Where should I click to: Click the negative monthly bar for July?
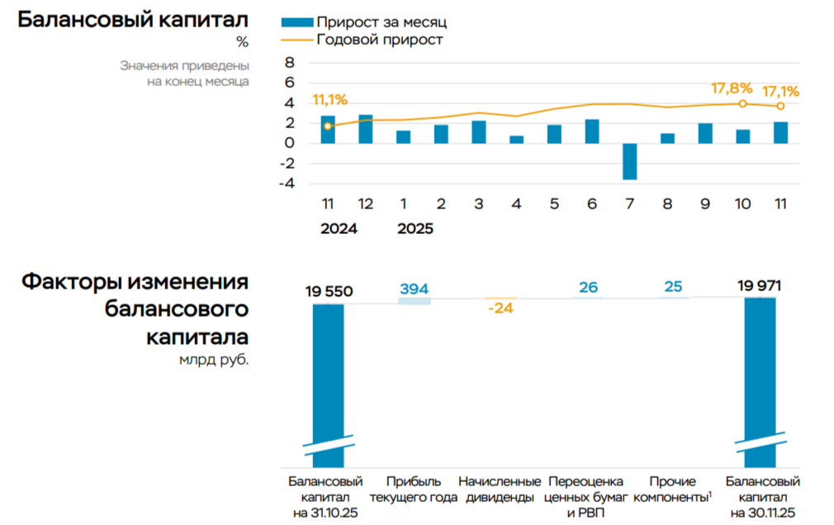[629, 161]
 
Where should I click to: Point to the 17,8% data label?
[732, 88]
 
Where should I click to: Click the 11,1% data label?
[329, 100]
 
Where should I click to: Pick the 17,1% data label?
[780, 91]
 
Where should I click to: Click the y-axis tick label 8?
[290, 63]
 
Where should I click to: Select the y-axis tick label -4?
[288, 184]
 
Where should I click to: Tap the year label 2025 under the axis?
[415, 229]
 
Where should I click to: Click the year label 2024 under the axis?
[339, 229]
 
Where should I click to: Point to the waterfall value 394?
[414, 289]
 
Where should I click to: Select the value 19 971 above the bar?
[760, 287]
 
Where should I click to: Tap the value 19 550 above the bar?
[329, 291]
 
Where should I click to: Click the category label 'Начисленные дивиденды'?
[500, 489]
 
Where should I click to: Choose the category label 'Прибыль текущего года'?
[412, 489]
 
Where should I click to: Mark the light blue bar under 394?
[414, 301]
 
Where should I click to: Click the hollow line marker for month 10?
[742, 103]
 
